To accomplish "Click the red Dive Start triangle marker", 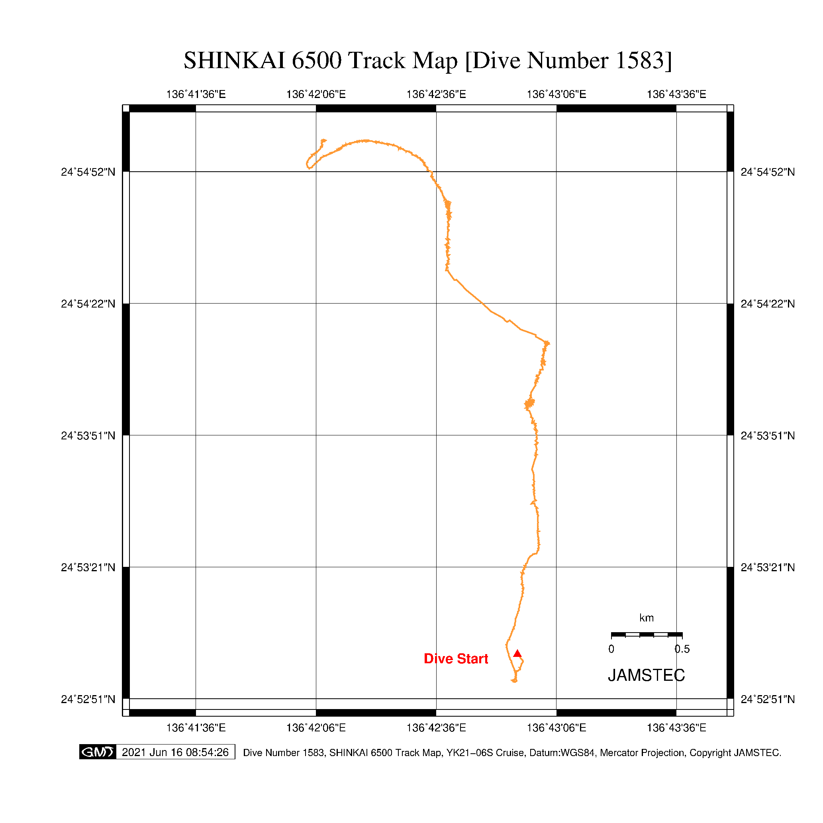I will click(517, 653).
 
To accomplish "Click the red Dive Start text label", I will click(456, 659).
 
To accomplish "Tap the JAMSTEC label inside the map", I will click(646, 675).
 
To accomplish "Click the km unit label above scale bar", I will click(646, 618).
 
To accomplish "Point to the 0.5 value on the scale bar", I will click(682, 649).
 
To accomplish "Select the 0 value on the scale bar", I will click(611, 649).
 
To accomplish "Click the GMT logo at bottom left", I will click(98, 752).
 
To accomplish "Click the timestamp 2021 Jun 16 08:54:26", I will click(175, 752).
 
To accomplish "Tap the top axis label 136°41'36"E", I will click(196, 94).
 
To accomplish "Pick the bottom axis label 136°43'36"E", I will click(676, 727).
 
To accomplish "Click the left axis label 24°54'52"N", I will click(88, 172).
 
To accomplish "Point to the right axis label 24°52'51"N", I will click(768, 700).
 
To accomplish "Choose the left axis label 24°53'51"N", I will click(88, 436).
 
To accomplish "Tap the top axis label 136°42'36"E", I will click(436, 94).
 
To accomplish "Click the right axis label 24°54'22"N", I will click(768, 304).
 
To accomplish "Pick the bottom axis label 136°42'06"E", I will click(315, 727).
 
